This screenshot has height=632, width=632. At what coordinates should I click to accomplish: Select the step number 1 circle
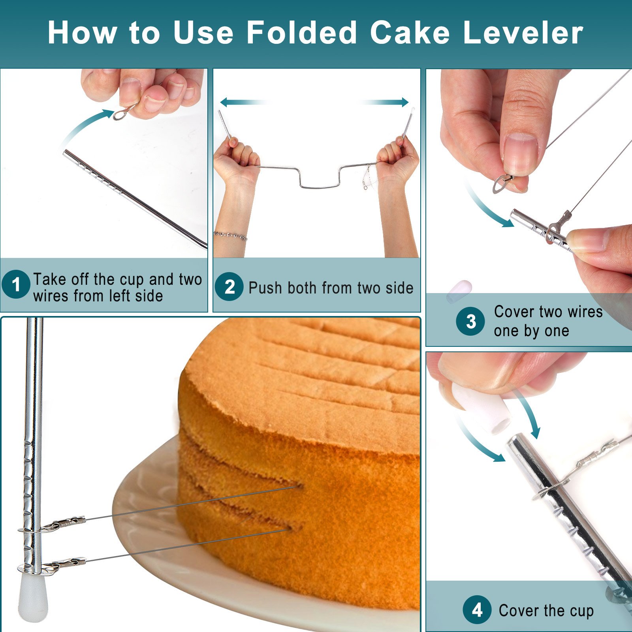point(16,284)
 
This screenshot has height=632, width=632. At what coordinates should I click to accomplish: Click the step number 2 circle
point(229,286)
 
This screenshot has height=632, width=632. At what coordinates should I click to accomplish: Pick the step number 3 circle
point(470,322)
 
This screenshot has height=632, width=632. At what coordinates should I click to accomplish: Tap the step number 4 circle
point(477,610)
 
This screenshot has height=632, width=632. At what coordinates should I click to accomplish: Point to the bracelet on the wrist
point(230,235)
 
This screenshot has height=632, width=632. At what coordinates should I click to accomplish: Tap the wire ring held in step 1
point(123,112)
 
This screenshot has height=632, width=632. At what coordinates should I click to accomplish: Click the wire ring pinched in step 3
point(501,183)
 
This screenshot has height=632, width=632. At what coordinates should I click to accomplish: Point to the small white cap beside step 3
point(459,291)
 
